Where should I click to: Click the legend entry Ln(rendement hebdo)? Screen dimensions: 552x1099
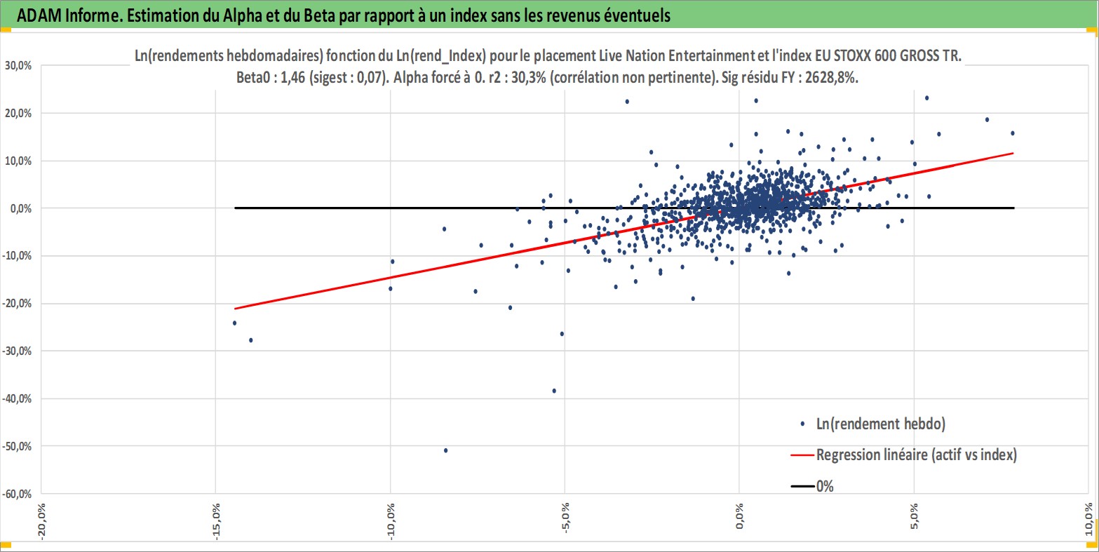881,424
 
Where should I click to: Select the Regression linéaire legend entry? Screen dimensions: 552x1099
916,455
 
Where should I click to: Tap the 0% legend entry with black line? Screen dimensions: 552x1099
825,486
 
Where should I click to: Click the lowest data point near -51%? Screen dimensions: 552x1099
445,450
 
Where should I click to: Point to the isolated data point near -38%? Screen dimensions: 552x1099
554,391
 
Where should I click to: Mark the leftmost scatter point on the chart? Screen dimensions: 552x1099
234,323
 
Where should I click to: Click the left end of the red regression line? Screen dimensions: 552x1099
235,309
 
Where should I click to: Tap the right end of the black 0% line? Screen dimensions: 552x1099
1013,208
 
